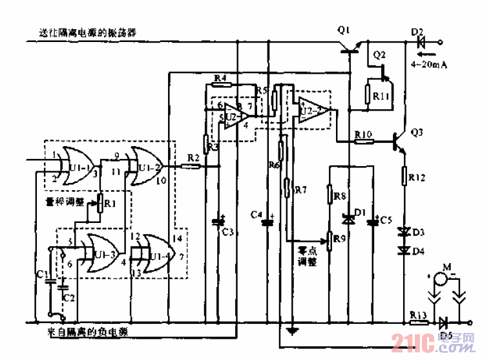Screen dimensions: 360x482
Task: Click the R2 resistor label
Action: [x=193, y=157]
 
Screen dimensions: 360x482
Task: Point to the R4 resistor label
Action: [x=220, y=78]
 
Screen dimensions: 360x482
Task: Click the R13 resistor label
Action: [x=419, y=315]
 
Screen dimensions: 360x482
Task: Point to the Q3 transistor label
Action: [x=417, y=132]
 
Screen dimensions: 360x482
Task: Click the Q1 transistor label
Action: [x=343, y=30]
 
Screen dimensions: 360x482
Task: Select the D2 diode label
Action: [x=417, y=31]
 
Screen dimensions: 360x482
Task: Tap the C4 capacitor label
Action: [x=257, y=213]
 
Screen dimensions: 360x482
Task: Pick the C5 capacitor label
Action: [x=386, y=220]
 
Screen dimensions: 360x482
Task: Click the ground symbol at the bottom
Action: [x=294, y=332]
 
